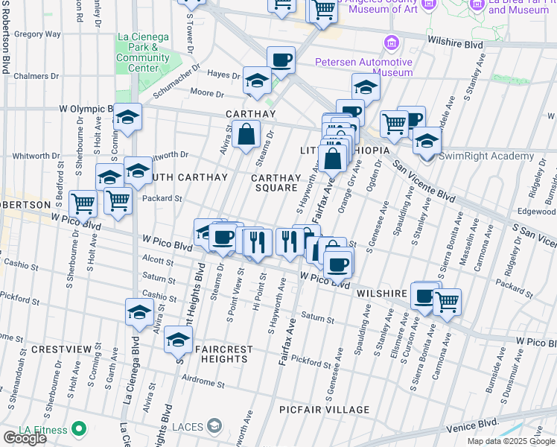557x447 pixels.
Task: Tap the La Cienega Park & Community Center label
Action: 143,52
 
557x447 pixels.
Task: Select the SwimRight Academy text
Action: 486,156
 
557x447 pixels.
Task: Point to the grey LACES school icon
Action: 215,425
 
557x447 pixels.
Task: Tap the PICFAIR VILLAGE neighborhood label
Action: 324,410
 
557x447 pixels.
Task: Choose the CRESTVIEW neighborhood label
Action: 57,349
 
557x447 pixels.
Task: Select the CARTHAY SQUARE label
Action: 276,183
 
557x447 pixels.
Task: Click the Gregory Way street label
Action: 37,34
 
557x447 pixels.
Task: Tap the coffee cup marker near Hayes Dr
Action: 281,59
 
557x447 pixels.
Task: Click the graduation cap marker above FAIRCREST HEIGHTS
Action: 178,340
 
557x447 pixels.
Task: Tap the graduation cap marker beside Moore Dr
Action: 257,80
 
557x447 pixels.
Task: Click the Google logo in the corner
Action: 24,437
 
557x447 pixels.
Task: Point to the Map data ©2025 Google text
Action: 510,441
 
